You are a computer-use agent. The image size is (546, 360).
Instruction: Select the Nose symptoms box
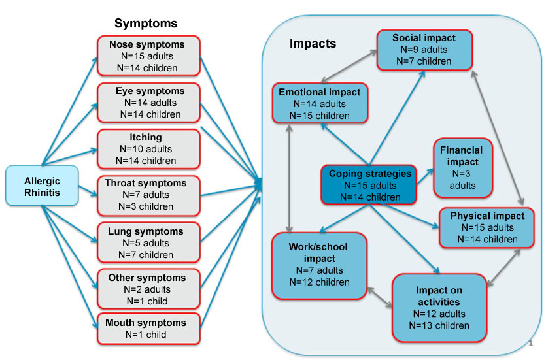tap(148, 56)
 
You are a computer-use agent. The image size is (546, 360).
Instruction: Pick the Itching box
tap(148, 149)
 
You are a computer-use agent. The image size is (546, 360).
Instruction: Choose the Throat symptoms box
tap(148, 195)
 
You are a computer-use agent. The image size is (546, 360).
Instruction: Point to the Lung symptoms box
tap(148, 242)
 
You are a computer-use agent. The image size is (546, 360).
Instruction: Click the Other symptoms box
tap(148, 289)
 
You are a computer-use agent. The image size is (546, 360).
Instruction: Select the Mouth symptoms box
tap(148, 329)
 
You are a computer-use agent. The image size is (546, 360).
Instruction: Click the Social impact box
tap(424, 49)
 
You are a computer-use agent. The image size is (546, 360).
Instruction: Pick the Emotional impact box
tap(320, 103)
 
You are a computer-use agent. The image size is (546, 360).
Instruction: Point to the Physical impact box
tap(488, 227)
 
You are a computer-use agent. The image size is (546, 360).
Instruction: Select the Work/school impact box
tap(320, 264)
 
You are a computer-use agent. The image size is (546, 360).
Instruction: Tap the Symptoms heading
tap(146, 24)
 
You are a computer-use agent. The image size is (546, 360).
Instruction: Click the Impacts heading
tap(313, 44)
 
